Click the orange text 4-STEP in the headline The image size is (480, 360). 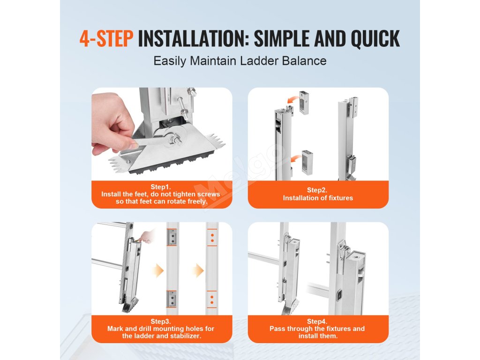tap(106, 38)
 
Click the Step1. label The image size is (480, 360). tap(160, 187)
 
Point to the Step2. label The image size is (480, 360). tap(317, 190)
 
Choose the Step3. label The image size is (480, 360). tap(160, 322)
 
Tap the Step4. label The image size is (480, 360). tap(317, 322)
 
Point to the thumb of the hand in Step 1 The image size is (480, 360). tap(122, 143)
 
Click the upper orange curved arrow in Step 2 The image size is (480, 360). tap(293, 99)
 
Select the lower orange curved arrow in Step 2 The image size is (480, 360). tap(295, 159)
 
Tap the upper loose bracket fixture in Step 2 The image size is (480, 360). tap(304, 103)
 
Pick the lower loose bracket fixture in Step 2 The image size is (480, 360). tap(307, 163)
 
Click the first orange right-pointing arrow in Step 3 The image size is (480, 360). tap(158, 270)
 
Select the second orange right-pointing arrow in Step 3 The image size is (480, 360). tap(198, 270)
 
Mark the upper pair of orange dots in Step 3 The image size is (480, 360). tap(212, 238)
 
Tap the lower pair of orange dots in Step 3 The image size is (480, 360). tap(212, 300)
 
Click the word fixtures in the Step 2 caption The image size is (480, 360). tap(341, 198)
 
